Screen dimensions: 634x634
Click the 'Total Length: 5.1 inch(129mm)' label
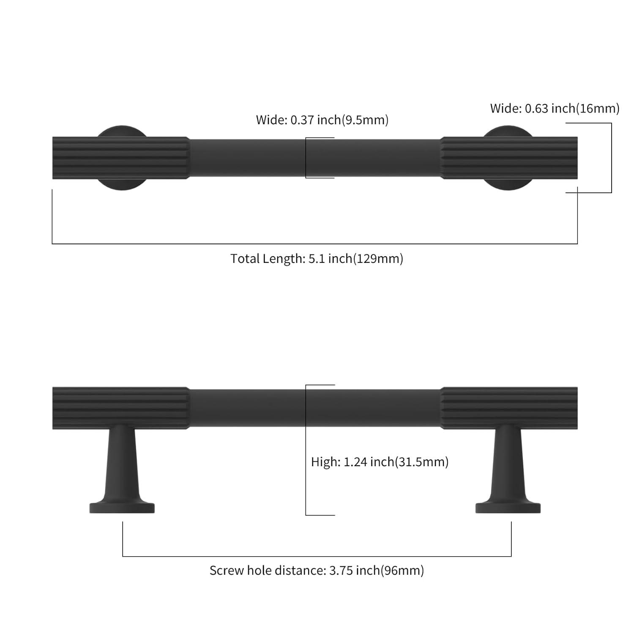pyautogui.click(x=317, y=258)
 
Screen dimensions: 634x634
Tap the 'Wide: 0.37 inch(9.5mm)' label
pyautogui.click(x=322, y=120)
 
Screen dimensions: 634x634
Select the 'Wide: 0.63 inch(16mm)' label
pyautogui.click(x=555, y=109)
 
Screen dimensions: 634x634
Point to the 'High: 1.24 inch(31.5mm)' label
pyautogui.click(x=380, y=462)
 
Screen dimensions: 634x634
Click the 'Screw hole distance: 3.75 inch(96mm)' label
pyautogui.click(x=317, y=571)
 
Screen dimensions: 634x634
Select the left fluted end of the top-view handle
pyautogui.click(x=121, y=158)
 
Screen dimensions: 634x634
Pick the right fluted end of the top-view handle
pyautogui.click(x=509, y=158)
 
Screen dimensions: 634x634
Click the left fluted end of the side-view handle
pyautogui.click(x=121, y=408)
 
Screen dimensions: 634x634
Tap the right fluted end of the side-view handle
pyautogui.click(x=509, y=408)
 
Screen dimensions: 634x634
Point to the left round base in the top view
pyautogui.click(x=122, y=131)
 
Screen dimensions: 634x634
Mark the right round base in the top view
pyautogui.click(x=508, y=131)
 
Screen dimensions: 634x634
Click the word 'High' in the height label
pyautogui.click(x=324, y=462)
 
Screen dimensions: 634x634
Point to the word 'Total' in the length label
pyautogui.click(x=245, y=258)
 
